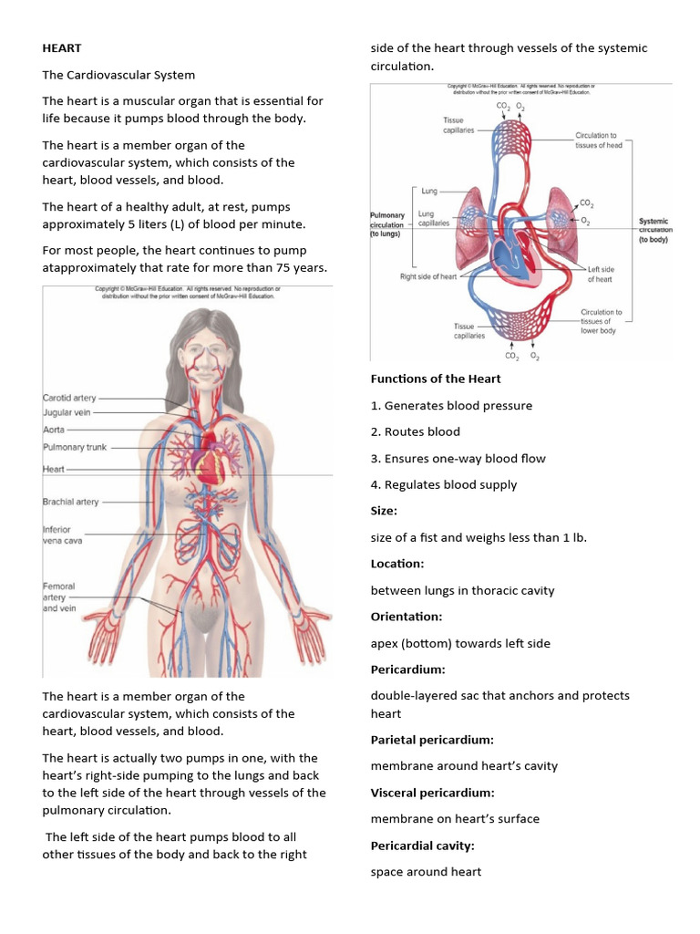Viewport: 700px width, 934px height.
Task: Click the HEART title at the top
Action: point(62,48)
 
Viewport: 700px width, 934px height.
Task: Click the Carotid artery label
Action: point(69,398)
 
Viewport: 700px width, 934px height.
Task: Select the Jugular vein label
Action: point(67,412)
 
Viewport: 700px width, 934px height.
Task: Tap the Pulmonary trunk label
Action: point(73,447)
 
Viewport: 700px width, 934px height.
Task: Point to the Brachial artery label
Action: point(70,502)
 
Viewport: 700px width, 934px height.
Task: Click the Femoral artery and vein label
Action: point(59,597)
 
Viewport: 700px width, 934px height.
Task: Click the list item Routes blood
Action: point(415,431)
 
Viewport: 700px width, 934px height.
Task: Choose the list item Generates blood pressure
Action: point(451,405)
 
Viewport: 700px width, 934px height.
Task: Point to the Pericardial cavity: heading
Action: point(422,846)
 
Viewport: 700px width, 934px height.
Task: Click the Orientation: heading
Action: point(407,617)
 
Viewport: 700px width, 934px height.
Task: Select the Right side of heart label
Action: point(428,276)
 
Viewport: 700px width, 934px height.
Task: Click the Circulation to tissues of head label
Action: point(598,140)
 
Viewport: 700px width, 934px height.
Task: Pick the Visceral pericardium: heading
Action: point(432,793)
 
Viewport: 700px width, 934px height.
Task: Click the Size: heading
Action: point(384,511)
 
